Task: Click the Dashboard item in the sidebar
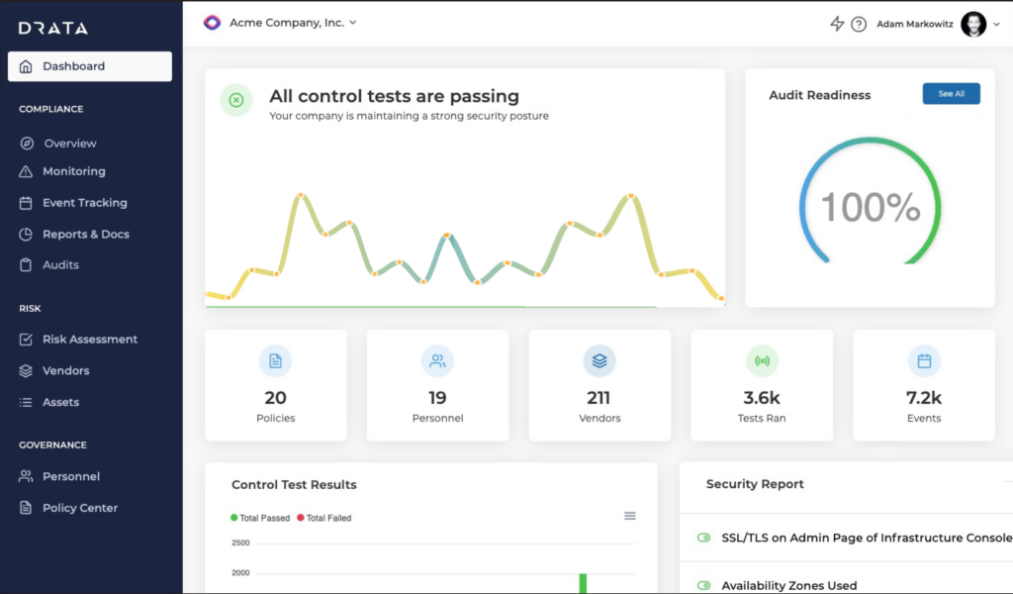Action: pos(89,66)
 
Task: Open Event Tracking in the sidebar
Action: pos(84,203)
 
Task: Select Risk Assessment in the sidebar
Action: pos(89,340)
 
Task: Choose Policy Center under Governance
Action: pos(79,508)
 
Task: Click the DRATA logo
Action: pos(53,28)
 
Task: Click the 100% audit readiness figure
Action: pos(871,208)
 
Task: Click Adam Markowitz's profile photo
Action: pos(973,24)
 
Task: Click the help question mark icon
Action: pos(859,24)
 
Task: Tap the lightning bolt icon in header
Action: pos(837,24)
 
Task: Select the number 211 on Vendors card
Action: pos(599,398)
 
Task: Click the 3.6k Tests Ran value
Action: pos(762,398)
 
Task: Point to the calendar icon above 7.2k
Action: pos(924,361)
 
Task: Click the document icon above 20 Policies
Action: pos(275,361)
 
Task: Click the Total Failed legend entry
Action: pos(327,518)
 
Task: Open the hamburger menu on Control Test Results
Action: pos(630,516)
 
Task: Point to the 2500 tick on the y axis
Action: pos(240,543)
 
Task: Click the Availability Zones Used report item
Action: pos(788,585)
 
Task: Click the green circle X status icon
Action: pos(235,100)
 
